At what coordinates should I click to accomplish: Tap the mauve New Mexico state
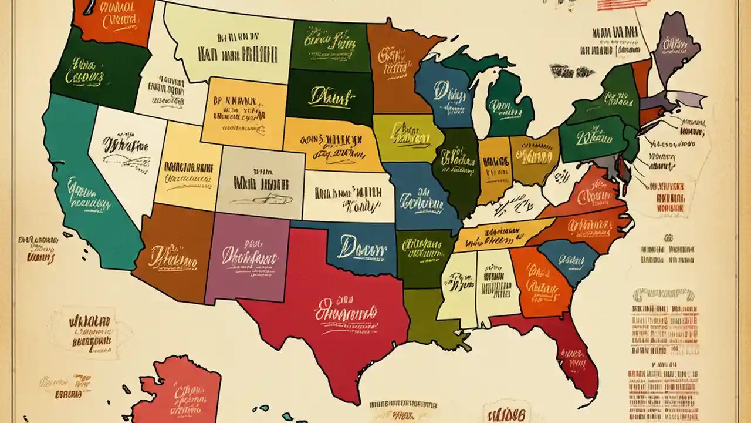tap(246, 258)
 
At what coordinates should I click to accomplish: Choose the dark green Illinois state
tap(458, 164)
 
